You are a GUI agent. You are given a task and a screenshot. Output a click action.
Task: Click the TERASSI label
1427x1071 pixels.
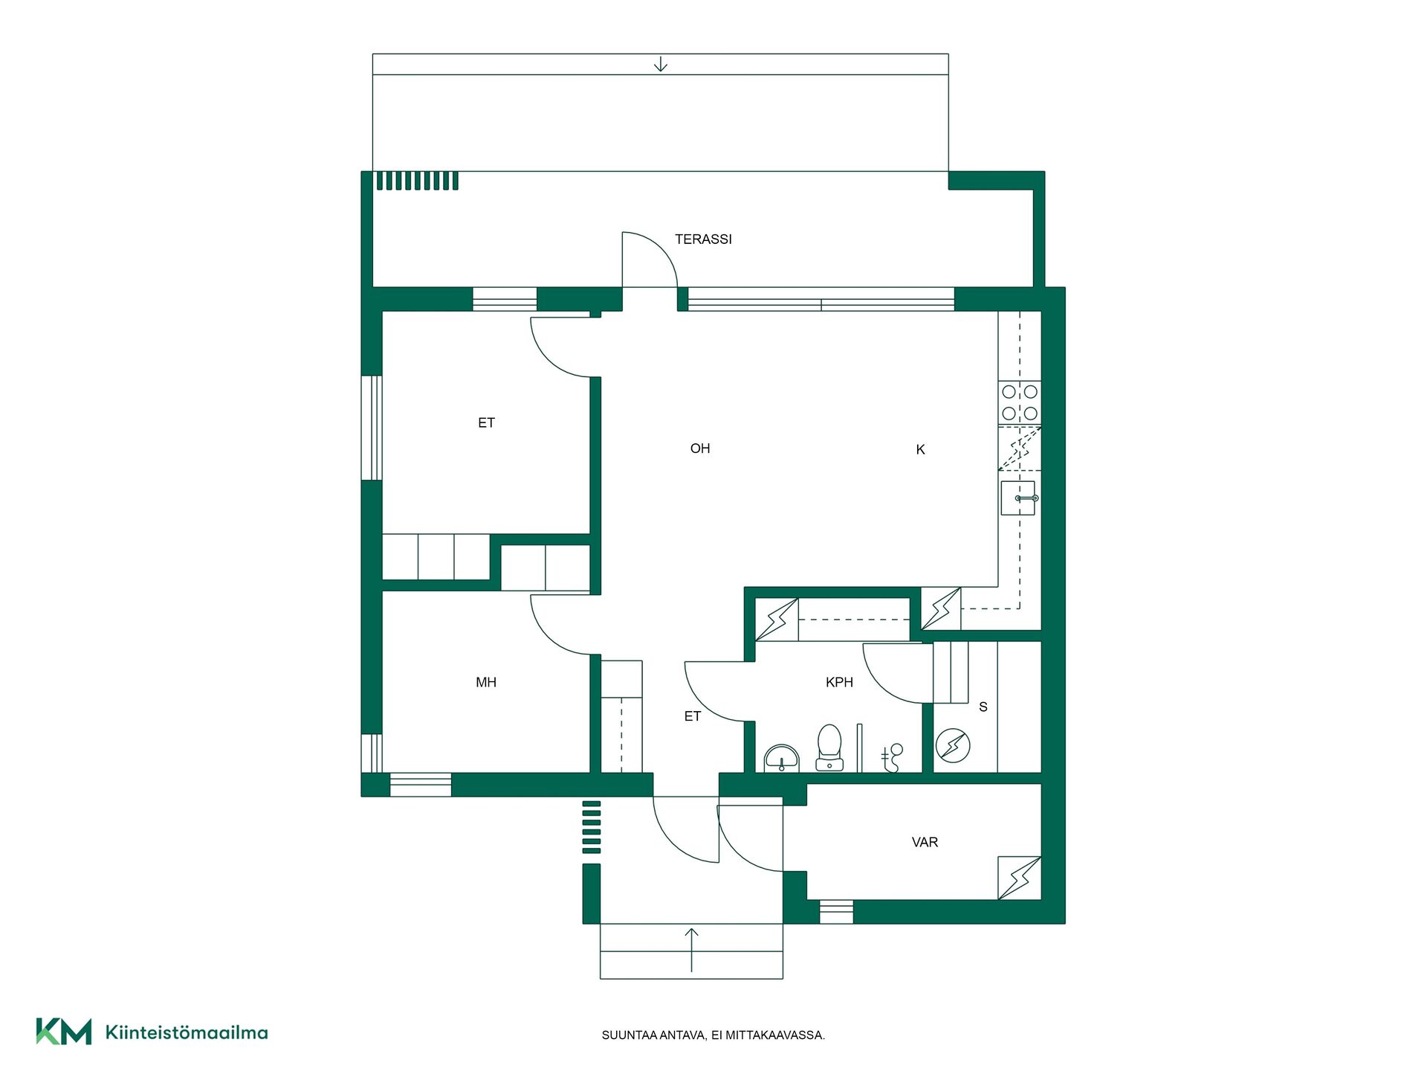(x=703, y=239)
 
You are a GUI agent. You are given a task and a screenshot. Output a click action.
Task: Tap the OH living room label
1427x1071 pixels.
(x=700, y=448)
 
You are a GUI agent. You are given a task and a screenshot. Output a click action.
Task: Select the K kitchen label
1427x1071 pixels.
(x=920, y=449)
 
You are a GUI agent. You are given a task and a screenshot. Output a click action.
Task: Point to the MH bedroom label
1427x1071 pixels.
(x=486, y=682)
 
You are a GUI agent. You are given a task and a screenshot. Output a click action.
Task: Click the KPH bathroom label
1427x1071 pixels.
(x=839, y=682)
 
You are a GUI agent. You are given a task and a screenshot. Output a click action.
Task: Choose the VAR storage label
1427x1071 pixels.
(x=925, y=842)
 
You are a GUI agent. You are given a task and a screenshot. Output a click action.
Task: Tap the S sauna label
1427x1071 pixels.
(x=983, y=707)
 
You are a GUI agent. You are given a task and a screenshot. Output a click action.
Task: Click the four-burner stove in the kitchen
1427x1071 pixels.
(x=1020, y=402)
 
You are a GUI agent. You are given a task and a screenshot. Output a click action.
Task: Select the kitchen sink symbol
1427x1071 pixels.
(x=1019, y=498)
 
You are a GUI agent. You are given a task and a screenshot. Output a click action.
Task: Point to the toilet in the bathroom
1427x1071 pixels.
(x=829, y=747)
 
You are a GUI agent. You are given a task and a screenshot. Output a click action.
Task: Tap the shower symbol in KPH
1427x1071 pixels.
(x=892, y=757)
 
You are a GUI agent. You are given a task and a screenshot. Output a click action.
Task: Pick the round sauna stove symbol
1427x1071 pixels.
(x=953, y=745)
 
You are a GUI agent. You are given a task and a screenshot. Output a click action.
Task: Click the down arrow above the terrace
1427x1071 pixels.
(x=661, y=65)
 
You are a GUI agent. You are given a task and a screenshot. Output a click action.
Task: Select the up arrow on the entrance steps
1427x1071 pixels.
(x=692, y=950)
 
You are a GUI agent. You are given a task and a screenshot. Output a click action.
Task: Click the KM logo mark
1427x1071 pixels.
(x=64, y=1032)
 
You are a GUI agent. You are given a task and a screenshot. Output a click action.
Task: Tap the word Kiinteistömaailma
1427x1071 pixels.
(x=187, y=1032)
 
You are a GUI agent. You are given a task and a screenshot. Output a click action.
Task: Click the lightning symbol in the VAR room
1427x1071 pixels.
(x=1020, y=878)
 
